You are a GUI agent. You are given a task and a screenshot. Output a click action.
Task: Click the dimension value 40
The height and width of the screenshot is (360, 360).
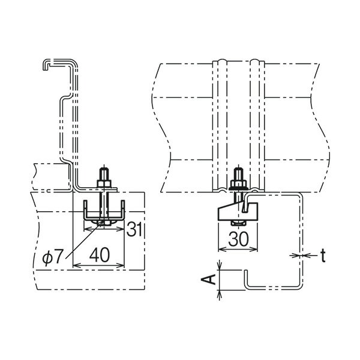pos(100,255)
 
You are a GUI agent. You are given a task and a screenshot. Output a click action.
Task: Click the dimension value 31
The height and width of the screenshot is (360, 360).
pos(134,229)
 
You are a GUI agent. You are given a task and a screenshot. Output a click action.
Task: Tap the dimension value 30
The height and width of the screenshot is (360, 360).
pos(239,239)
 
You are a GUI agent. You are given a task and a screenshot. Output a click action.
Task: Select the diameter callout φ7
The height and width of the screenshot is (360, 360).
pos(53,257)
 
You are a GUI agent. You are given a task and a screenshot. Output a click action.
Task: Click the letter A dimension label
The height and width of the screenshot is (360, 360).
pos(209,279)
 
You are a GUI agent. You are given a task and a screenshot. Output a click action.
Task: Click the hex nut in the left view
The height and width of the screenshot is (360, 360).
pos(104,184)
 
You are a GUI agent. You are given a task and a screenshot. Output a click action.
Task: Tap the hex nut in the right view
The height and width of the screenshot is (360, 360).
pos(239,184)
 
